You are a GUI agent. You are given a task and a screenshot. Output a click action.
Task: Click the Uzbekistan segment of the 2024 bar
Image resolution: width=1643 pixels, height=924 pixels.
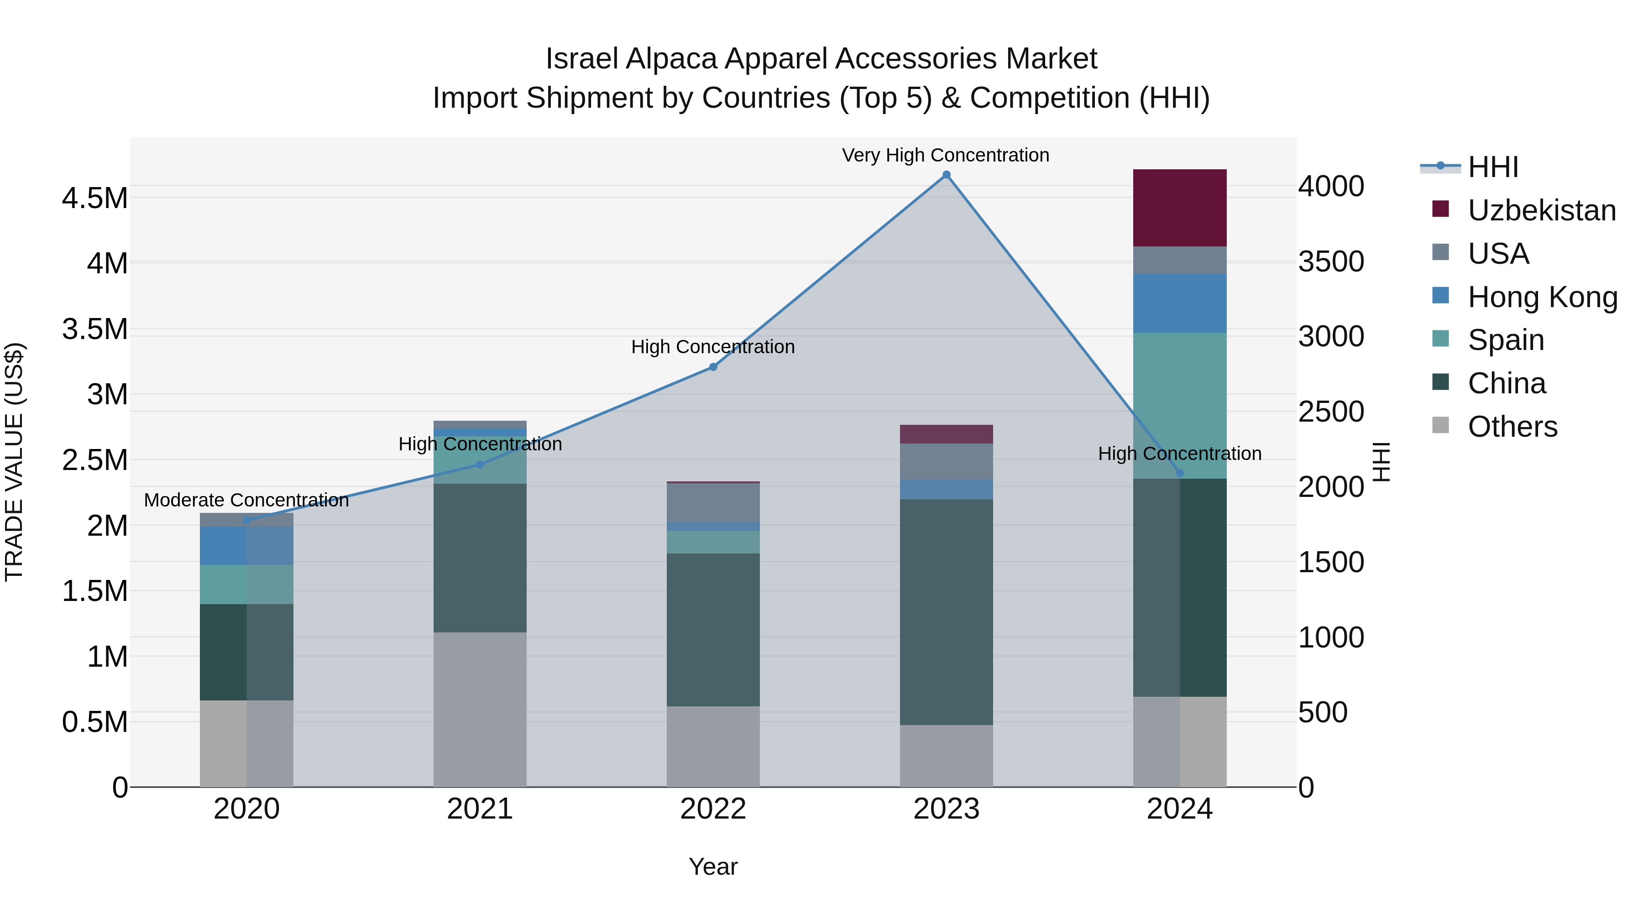pos(1179,208)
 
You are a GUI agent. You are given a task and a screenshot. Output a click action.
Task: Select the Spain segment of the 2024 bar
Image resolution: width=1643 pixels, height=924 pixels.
pos(1179,405)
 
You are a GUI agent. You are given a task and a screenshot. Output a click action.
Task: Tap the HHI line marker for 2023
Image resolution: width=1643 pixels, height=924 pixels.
pos(947,175)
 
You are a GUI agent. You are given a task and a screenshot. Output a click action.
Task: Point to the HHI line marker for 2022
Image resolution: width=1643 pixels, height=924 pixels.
pos(713,367)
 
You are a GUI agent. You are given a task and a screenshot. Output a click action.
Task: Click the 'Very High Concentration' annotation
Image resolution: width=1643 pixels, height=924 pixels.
pos(945,156)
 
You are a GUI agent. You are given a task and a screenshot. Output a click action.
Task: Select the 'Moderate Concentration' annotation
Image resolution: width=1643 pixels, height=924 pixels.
pos(246,501)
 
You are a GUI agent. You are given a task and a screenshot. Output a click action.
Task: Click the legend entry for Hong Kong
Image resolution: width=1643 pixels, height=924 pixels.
pos(1542,297)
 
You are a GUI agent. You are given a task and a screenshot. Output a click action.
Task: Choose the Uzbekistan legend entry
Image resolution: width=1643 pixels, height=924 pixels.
pos(1541,210)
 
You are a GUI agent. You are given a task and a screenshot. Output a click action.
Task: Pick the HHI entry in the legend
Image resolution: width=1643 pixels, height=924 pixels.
pos(1492,167)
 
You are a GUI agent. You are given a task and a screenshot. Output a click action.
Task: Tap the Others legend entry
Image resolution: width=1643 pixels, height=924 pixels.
pos(1512,427)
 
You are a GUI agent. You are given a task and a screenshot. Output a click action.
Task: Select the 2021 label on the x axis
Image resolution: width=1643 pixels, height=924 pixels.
pos(480,809)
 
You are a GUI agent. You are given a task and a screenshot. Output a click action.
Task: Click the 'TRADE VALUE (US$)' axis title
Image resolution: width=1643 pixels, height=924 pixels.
pos(14,462)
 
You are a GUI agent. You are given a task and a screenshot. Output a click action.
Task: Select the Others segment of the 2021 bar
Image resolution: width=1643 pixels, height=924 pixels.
pos(480,709)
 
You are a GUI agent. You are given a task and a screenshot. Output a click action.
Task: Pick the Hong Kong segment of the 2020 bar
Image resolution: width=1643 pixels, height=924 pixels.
pos(246,545)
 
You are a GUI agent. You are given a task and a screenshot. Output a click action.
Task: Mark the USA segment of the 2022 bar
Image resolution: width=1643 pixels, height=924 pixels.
pos(713,502)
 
